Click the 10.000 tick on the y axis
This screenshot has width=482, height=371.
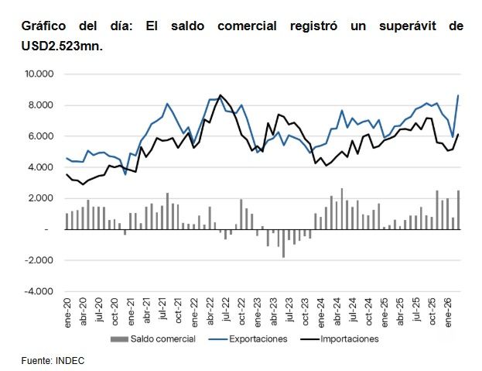click(39, 74)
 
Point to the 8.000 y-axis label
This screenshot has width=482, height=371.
click(41, 105)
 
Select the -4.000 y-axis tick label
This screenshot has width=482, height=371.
click(39, 291)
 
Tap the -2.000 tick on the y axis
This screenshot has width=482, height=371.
click(39, 260)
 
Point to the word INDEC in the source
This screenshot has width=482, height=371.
click(70, 360)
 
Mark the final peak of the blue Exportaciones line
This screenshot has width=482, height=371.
click(458, 95)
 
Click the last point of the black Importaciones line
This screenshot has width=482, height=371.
click(458, 134)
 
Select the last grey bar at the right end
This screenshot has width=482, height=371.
click(458, 210)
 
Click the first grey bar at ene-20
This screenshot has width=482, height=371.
click(67, 222)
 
